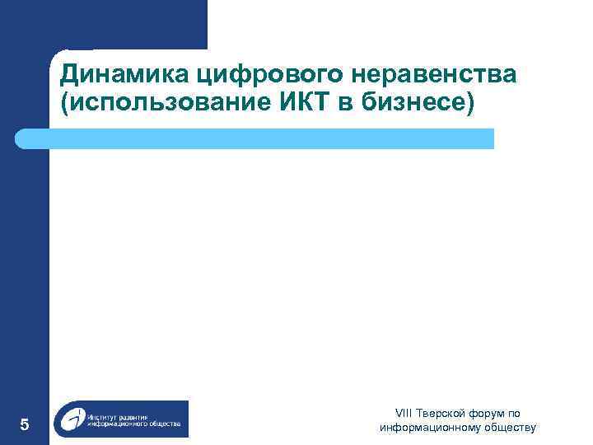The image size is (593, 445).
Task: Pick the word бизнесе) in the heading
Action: [417, 105]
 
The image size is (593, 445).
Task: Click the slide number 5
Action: [25, 425]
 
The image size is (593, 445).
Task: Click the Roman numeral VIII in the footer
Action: [404, 414]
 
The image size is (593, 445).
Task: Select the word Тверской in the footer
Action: [441, 414]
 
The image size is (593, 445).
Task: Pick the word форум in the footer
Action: [487, 414]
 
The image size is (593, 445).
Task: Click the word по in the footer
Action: [514, 414]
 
